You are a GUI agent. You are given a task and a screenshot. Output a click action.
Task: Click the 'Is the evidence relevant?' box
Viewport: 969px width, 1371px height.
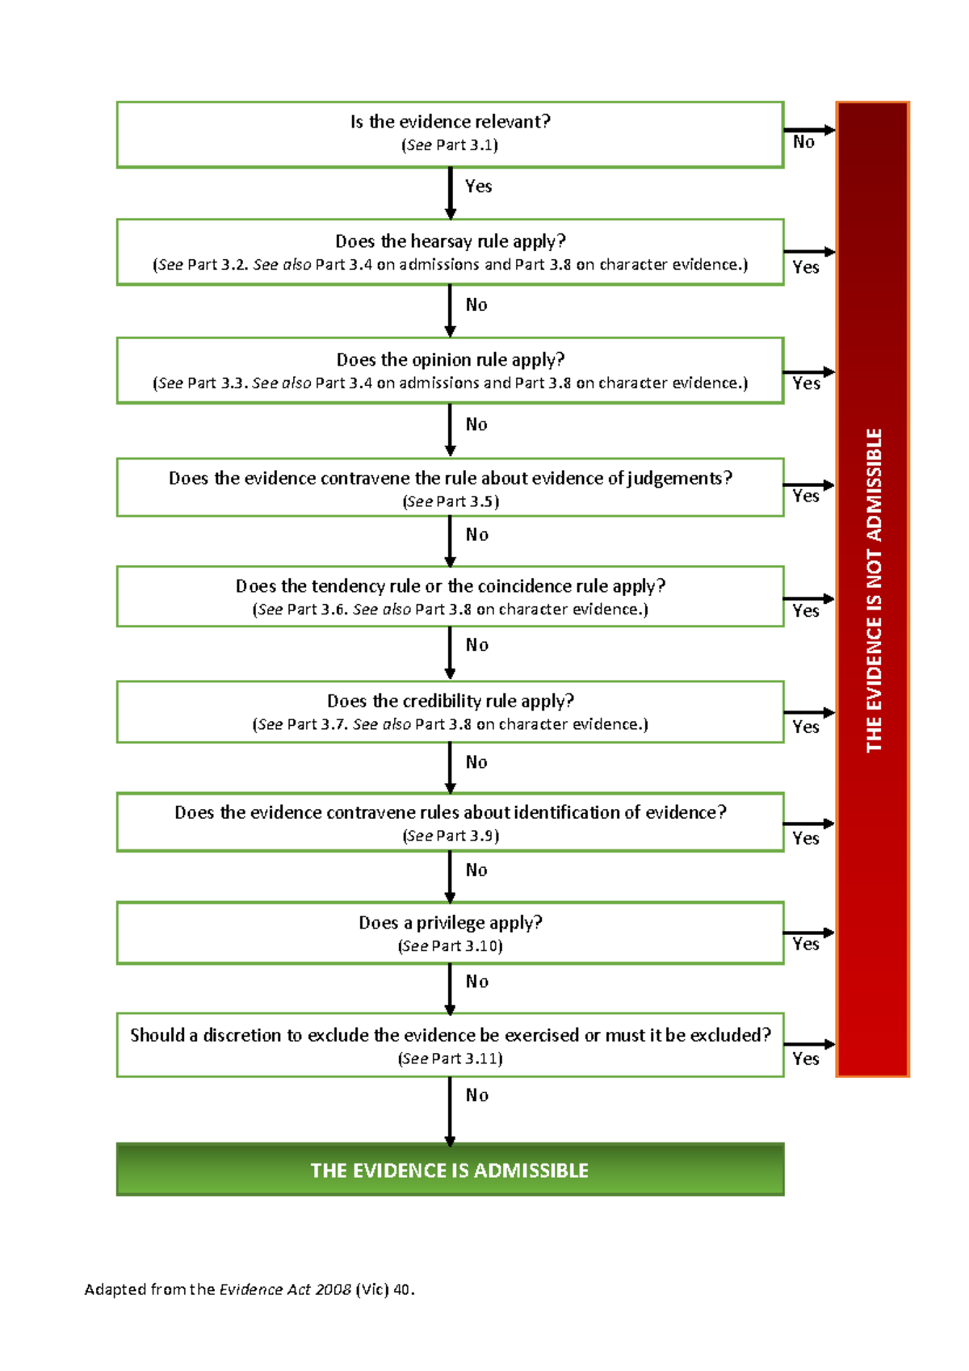click(450, 133)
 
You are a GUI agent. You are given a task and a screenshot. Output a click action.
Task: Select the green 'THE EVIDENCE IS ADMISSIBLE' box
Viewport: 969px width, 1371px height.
click(450, 1170)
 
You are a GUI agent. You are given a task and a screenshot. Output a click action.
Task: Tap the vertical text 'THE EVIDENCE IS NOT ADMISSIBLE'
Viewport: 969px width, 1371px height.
click(874, 590)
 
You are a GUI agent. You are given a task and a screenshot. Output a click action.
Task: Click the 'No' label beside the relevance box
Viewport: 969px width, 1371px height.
click(803, 142)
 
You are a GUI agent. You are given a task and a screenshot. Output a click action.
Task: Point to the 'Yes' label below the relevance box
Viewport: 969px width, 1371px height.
click(478, 187)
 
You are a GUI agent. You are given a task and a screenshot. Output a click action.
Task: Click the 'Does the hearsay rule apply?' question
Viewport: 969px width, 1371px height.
click(450, 241)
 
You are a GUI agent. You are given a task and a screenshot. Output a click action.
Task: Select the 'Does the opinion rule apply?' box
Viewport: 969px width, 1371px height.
click(450, 370)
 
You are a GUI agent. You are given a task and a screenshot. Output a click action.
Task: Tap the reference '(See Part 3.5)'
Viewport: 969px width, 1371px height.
click(451, 501)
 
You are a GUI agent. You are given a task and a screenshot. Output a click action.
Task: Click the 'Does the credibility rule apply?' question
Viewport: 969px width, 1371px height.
click(450, 701)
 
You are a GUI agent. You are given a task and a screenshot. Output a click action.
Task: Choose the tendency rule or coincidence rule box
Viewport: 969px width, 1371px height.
click(450, 596)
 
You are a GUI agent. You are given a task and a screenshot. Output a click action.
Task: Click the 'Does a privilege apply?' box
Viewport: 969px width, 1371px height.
click(450, 933)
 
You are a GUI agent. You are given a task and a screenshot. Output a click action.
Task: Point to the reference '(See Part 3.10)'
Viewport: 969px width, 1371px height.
click(450, 946)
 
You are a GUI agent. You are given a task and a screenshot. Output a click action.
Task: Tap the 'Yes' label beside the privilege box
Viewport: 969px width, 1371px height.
click(806, 944)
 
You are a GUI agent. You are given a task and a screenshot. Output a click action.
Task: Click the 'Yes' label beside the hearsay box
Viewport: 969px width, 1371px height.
click(806, 267)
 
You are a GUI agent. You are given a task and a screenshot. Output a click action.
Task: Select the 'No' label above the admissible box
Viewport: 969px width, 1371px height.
click(476, 1096)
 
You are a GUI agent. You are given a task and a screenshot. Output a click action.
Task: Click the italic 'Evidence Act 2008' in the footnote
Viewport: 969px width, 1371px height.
click(285, 1289)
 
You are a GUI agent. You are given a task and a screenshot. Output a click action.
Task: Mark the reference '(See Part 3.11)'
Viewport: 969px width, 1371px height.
click(450, 1059)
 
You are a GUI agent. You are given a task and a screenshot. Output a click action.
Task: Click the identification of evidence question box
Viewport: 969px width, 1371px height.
click(450, 822)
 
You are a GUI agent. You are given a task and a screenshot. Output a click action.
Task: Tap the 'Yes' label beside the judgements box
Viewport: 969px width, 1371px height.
click(806, 496)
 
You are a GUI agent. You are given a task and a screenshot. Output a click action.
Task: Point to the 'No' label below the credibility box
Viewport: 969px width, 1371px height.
click(476, 762)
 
